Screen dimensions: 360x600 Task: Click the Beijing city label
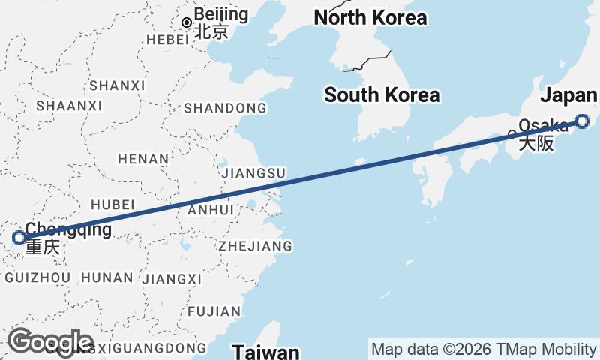220,14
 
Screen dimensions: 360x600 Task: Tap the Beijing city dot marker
187,22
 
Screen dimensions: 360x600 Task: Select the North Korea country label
370,17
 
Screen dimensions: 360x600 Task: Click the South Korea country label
382,95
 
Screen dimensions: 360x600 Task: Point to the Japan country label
568,95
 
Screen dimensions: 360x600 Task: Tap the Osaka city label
542,127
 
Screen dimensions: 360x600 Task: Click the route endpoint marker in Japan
583,121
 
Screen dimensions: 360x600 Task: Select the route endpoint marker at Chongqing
19,238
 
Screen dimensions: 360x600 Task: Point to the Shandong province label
225,109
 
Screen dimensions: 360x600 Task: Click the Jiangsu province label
254,173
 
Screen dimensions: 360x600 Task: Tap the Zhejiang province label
255,246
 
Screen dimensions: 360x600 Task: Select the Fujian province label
214,310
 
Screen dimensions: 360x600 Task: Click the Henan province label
143,159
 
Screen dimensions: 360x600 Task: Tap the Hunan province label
106,277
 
